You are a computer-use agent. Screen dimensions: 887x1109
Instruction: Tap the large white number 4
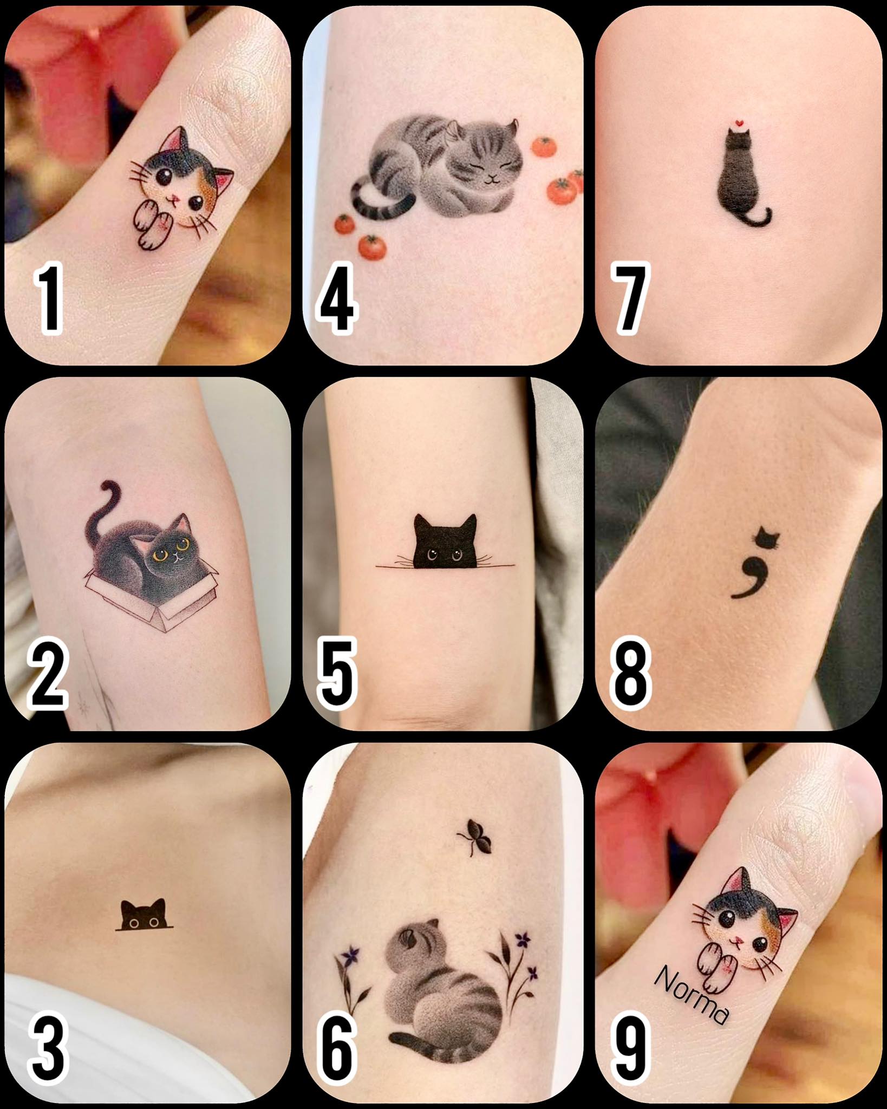337,301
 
